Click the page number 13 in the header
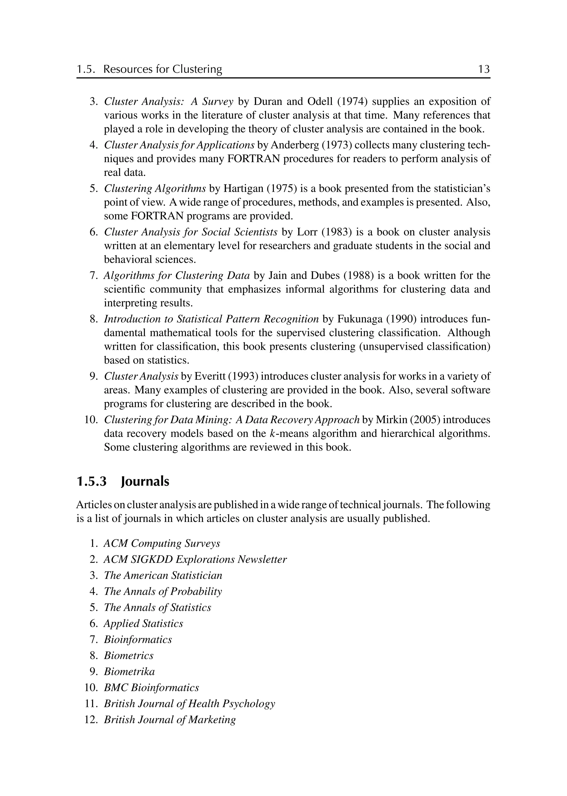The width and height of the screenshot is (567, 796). click(x=484, y=69)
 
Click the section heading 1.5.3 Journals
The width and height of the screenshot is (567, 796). click(x=123, y=481)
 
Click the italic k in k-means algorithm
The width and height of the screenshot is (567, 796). click(x=273, y=434)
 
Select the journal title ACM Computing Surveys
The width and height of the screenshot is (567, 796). click(x=162, y=543)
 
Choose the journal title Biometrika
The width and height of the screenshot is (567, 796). click(x=129, y=672)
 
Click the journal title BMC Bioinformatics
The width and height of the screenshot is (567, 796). click(x=151, y=688)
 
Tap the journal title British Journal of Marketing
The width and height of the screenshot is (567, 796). click(x=170, y=720)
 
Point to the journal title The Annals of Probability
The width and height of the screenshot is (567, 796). click(x=163, y=591)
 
